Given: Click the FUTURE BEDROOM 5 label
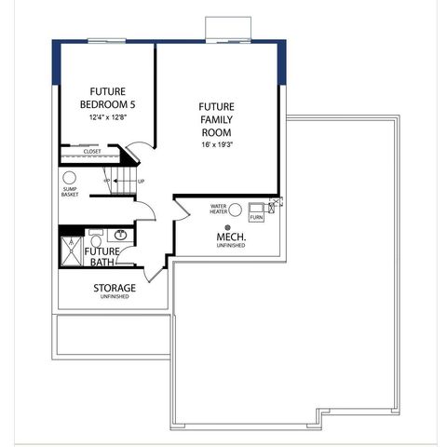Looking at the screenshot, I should tap(106, 98).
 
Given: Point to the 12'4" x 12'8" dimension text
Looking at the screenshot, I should tap(107, 118).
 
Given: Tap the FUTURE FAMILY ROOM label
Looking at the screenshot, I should tap(216, 120).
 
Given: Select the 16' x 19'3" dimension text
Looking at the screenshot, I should tap(216, 144).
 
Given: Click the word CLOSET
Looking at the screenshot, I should tap(92, 151).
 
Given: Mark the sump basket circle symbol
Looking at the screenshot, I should tap(70, 177).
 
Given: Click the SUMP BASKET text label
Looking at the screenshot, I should tap(70, 192).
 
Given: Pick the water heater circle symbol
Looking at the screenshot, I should tap(236, 210).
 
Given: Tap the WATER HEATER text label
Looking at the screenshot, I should tap(219, 210).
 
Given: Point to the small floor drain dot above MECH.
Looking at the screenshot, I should tap(228, 226).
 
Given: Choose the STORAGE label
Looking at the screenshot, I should tap(115, 288).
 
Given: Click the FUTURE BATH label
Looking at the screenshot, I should tap(102, 257).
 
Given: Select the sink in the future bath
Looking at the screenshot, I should tap(121, 237).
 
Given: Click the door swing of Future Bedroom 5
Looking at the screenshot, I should tap(137, 150).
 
